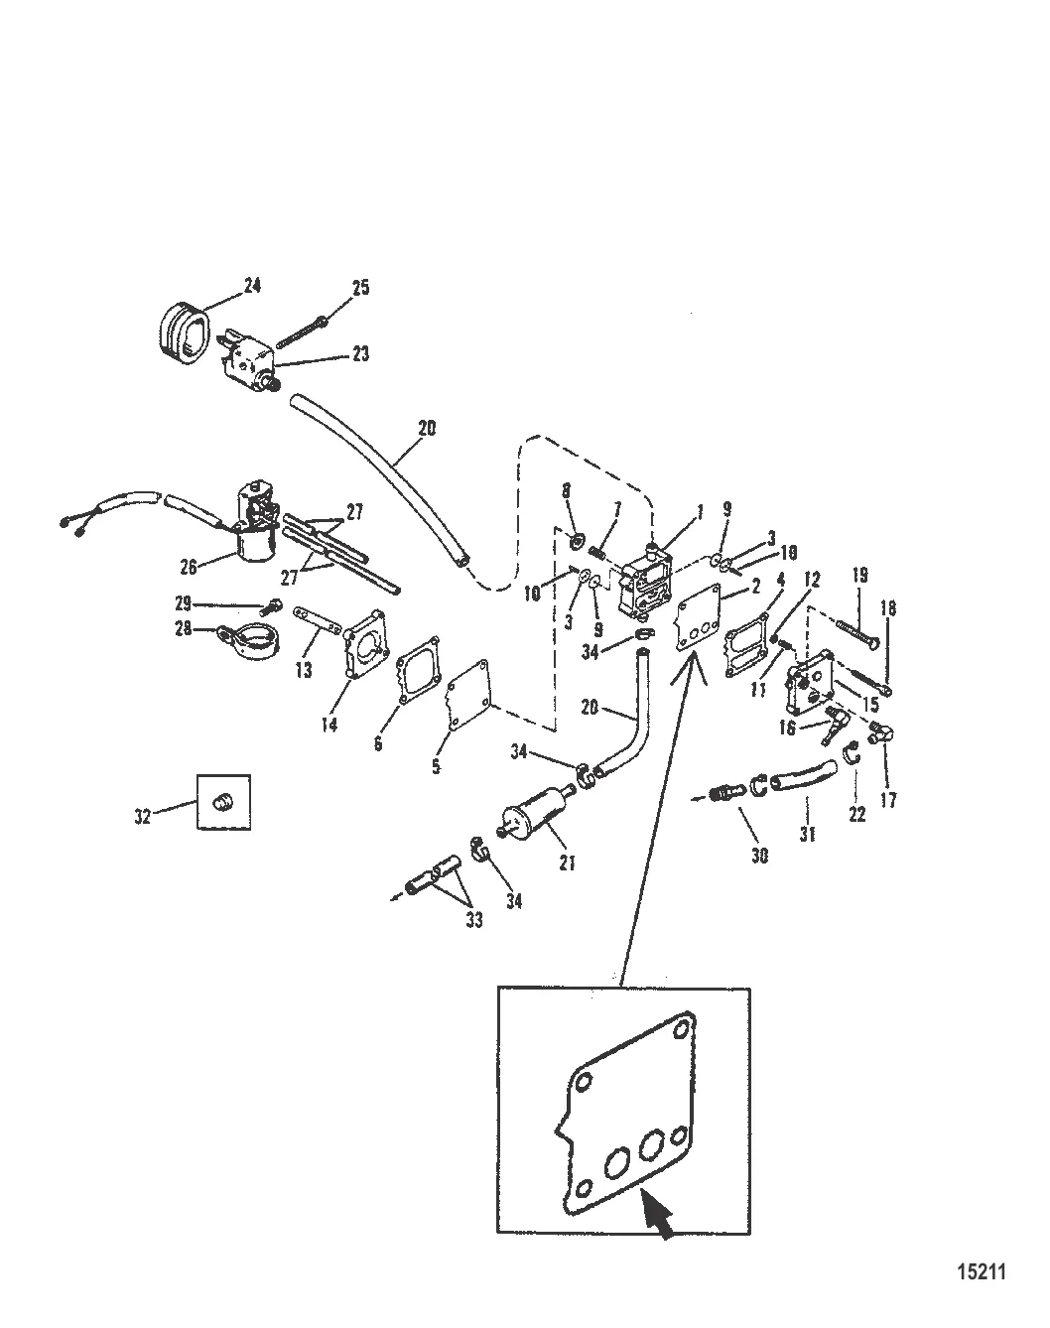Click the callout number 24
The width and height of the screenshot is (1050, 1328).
252,286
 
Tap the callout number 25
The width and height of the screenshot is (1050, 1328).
360,288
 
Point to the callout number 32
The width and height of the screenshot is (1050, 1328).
142,816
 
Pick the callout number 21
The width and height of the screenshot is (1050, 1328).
567,863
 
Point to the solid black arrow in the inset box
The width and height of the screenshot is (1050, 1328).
660,1216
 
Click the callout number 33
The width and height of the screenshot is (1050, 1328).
474,920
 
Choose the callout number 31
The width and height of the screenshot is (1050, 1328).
807,835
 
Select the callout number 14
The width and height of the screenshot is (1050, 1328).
328,724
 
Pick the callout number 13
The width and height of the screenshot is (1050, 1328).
304,670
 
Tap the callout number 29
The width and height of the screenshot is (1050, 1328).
183,602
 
